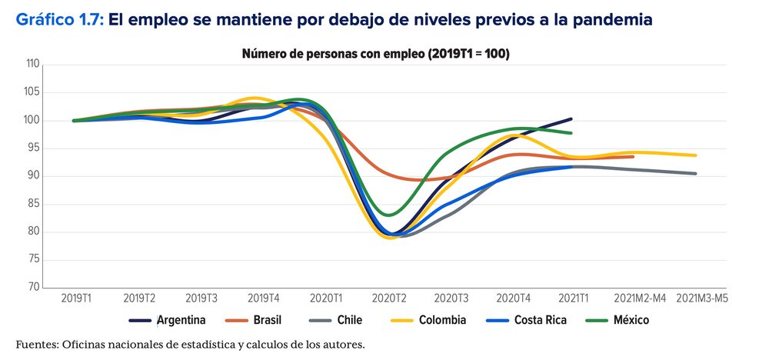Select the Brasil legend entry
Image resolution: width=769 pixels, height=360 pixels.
[267, 320]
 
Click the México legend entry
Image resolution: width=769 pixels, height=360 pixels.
[631, 320]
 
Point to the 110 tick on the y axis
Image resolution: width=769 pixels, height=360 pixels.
[32, 65]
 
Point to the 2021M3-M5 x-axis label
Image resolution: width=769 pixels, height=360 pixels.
[699, 298]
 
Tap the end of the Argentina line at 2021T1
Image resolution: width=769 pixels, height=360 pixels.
[571, 118]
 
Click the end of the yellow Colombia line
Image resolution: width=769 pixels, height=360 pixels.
[696, 155]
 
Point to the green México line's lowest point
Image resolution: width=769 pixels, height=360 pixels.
[390, 215]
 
